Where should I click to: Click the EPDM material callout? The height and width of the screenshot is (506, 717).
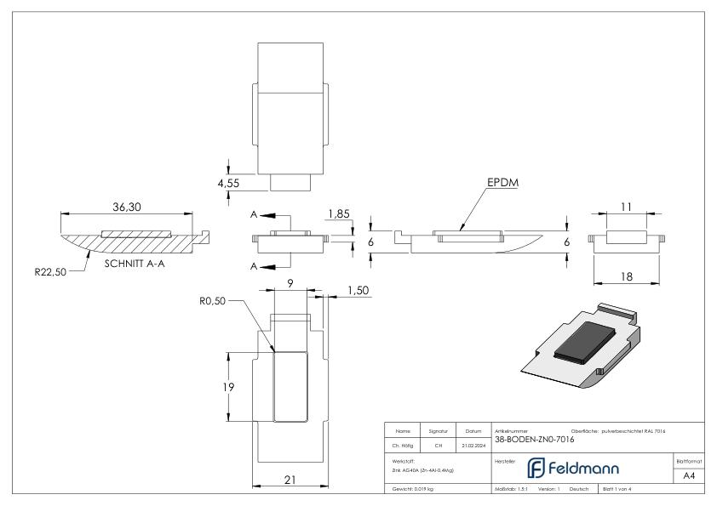(505, 183)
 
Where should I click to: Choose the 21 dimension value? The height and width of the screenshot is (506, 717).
(290, 480)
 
